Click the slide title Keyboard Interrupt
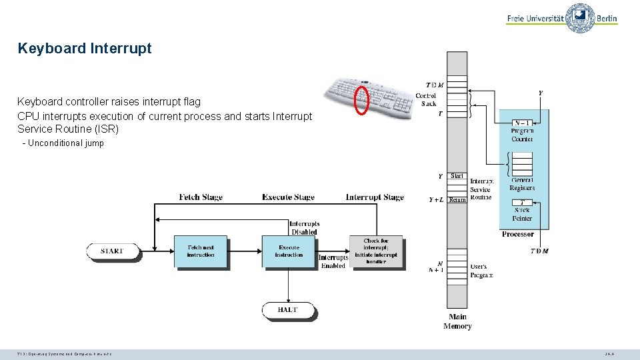(85, 49)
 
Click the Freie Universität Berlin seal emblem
(580, 18)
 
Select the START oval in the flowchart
(113, 251)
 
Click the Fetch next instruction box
(201, 251)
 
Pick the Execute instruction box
(288, 251)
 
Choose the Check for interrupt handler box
(376, 251)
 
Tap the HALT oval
(288, 310)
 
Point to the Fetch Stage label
(201, 197)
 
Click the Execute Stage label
(288, 197)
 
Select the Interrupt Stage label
(375, 197)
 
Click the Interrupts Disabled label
(304, 228)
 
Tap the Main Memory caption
(457, 321)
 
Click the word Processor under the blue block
(518, 234)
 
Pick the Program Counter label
(522, 135)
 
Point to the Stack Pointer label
(522, 214)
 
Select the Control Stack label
(426, 99)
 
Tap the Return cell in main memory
(457, 199)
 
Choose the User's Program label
(481, 271)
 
